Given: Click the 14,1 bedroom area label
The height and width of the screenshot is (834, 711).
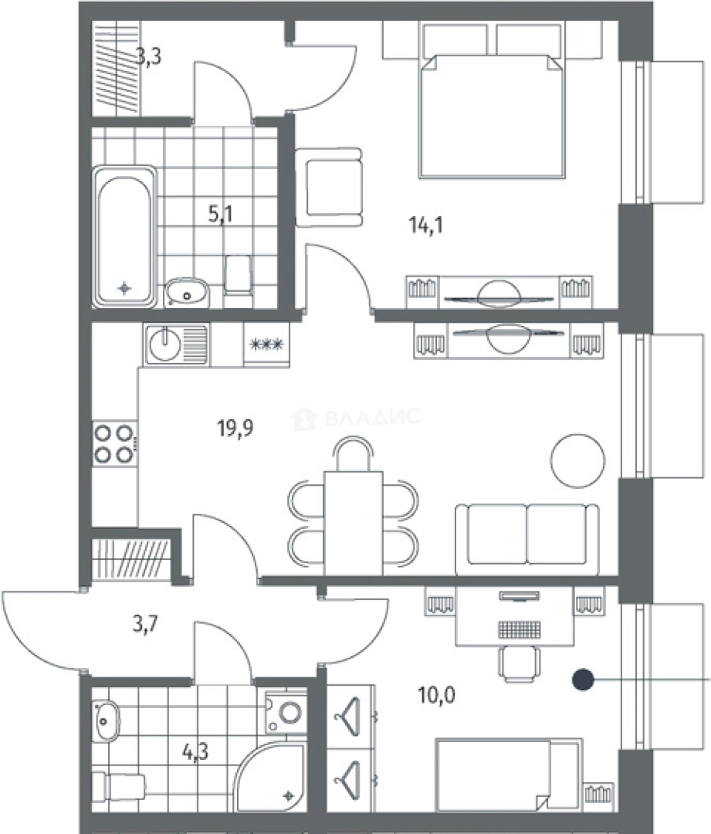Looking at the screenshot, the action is point(426,225).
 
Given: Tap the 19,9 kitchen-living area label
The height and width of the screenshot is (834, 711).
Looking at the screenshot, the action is point(235,427).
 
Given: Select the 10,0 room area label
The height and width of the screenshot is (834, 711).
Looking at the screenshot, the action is point(437,695).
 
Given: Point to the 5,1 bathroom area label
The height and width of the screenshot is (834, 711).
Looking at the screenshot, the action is point(220,214).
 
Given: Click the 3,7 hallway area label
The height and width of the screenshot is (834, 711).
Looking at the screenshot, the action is point(145,623).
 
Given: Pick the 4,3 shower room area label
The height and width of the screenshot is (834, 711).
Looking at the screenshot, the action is point(195,752).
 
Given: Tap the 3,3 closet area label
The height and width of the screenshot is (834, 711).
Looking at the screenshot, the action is point(148,56).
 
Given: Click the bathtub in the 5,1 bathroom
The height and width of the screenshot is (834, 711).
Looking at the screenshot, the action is point(125,237).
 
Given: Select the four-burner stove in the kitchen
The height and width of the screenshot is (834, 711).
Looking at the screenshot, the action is point(115,443).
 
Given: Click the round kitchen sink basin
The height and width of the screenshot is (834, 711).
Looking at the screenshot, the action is point(165,345).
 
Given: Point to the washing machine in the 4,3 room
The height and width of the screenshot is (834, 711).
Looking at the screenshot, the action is point(286,712).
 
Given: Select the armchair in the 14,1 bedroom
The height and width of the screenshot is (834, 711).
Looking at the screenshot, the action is point(330,187).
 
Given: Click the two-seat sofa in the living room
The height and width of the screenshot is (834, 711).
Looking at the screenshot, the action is point(527,539).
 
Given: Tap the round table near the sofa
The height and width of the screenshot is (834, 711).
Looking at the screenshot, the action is point(578,460).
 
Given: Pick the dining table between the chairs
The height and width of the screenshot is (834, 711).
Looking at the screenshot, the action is point(353,523).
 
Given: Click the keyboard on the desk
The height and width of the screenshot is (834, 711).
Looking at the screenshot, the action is point(520,630).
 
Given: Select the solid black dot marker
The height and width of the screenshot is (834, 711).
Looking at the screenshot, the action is point(583,680).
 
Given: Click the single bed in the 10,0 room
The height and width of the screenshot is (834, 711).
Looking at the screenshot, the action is point(509,775).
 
